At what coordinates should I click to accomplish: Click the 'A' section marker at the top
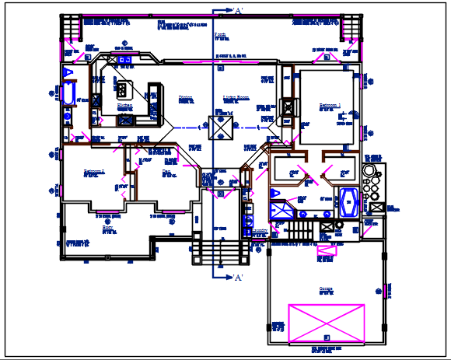coord(238,11)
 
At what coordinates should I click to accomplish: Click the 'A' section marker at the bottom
coord(238,278)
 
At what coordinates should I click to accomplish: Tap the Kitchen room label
coord(124,105)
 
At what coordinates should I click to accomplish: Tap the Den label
coord(166,171)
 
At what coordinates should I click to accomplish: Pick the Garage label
coord(326,289)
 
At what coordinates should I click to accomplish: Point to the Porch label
coord(219,35)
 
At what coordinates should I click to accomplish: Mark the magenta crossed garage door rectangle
coord(327,323)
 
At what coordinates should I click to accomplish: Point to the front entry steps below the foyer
coord(219,253)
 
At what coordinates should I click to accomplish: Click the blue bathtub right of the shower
coord(348,202)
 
